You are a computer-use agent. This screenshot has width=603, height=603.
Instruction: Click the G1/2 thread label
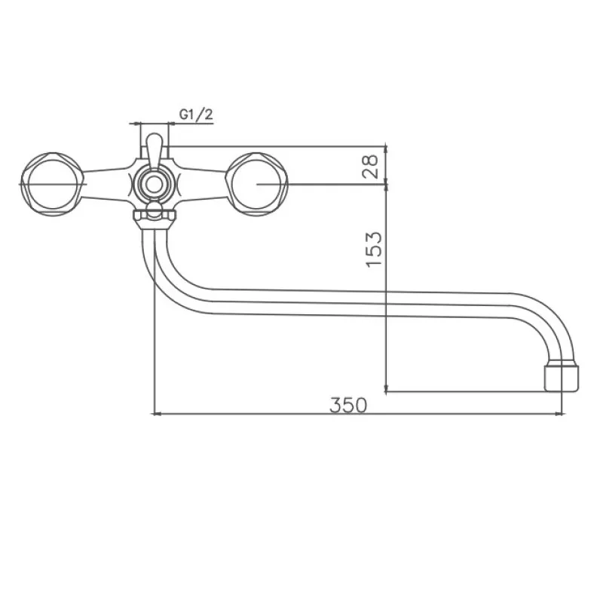(x=196, y=114)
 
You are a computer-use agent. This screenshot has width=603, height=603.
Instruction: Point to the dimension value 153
(x=373, y=249)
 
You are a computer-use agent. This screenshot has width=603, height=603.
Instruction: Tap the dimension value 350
(x=348, y=405)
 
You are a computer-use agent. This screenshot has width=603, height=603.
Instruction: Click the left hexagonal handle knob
(x=51, y=183)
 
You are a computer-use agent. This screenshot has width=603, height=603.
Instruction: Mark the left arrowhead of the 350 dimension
(x=157, y=413)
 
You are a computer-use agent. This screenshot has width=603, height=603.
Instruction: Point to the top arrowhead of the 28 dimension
(x=386, y=148)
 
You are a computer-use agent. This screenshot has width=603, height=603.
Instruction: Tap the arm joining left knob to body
(x=106, y=183)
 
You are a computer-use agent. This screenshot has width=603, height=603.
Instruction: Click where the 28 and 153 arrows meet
(x=386, y=183)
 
